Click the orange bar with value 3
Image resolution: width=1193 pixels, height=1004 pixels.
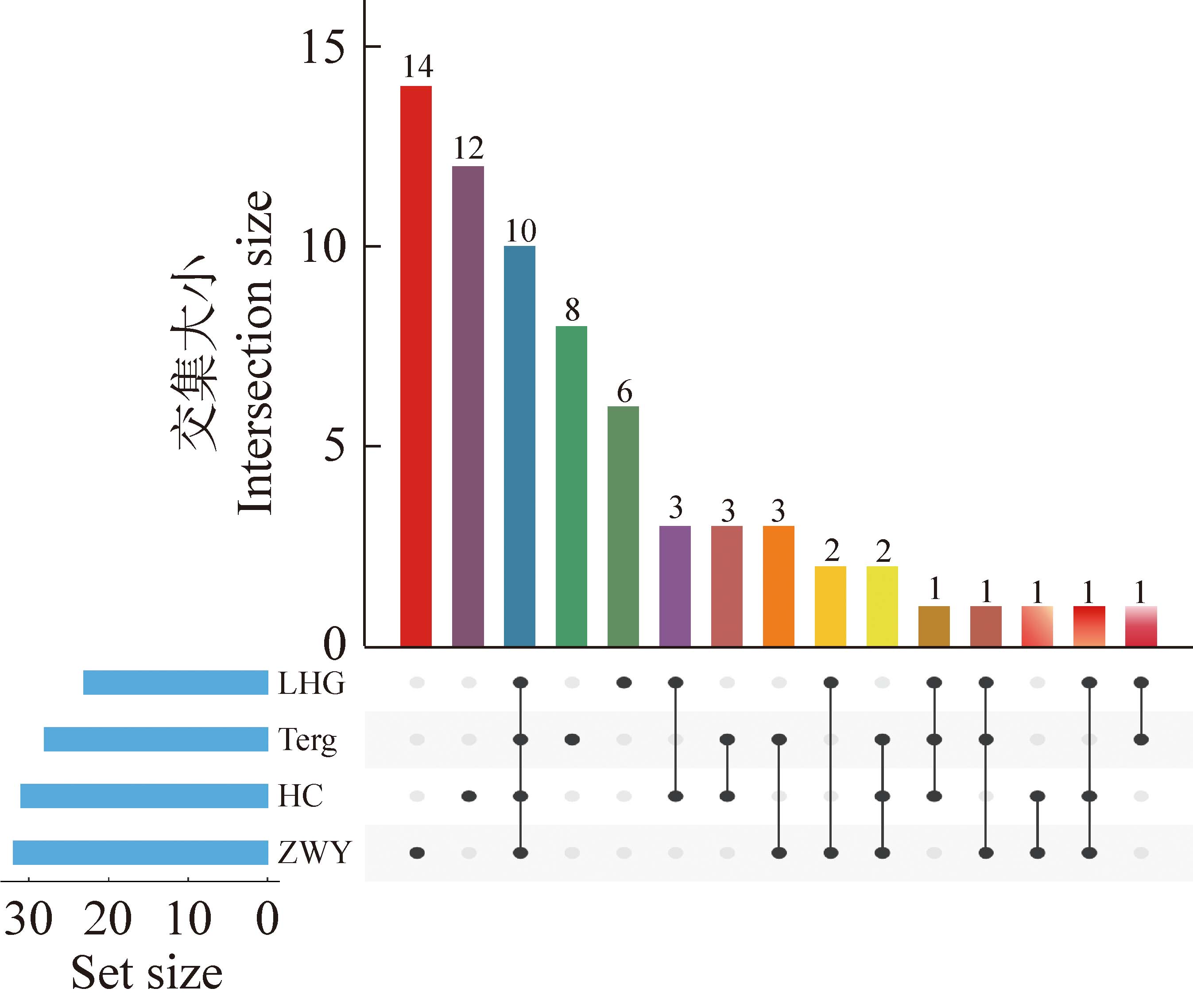click(778, 586)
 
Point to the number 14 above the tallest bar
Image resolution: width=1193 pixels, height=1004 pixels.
click(418, 66)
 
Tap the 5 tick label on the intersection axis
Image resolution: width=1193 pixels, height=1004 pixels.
click(334, 447)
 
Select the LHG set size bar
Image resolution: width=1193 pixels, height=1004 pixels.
click(175, 682)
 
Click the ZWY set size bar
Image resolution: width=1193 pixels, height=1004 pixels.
click(140, 852)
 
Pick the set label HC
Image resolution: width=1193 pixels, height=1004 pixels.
click(300, 796)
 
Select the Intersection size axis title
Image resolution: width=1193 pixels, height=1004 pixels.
click(254, 353)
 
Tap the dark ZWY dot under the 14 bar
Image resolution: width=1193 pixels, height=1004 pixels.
click(417, 852)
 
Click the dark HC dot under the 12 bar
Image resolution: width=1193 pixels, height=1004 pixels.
click(469, 796)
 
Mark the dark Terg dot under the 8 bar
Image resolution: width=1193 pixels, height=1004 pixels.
click(572, 739)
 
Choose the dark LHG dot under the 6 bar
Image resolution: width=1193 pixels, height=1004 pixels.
click(624, 682)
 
